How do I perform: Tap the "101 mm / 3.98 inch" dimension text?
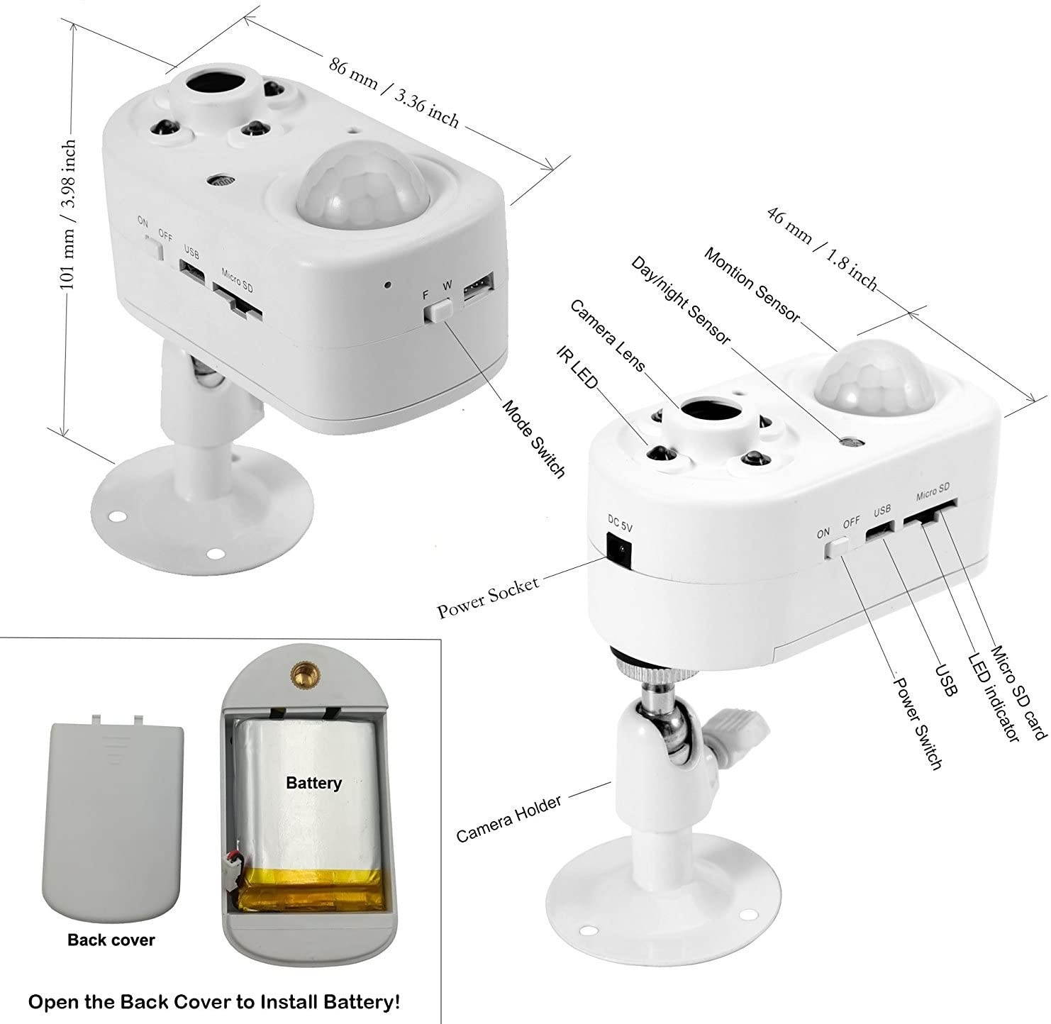point(67,213)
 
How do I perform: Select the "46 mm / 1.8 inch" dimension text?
point(823,248)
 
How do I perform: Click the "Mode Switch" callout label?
point(533,438)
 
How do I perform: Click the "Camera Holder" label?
point(508,818)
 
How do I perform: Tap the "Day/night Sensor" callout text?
point(680,301)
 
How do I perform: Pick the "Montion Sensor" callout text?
point(752,285)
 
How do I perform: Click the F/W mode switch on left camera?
point(439,310)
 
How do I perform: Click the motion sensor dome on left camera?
point(363,188)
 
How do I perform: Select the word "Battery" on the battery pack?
point(313,783)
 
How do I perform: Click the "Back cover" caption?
point(111,940)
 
